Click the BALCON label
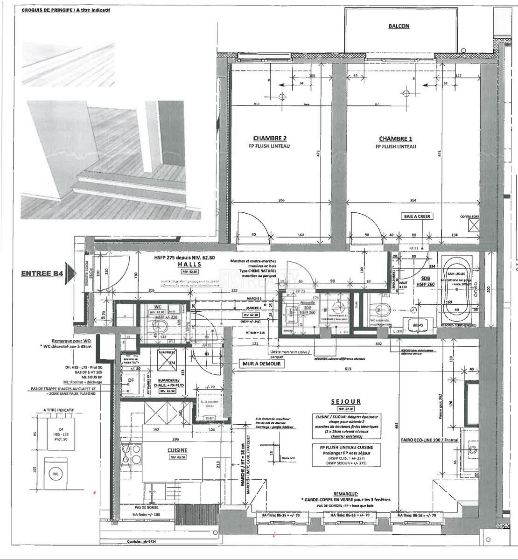click(399, 26)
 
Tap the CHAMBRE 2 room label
click(270, 138)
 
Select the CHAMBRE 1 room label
click(395, 139)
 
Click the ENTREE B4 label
click(42, 274)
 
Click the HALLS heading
click(189, 264)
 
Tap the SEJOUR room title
click(346, 401)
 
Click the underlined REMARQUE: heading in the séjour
click(346, 493)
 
